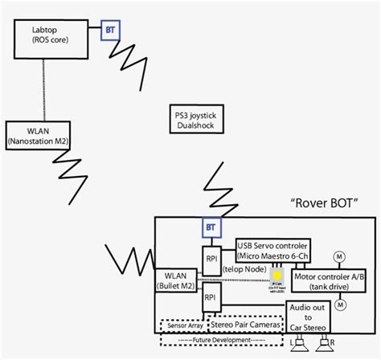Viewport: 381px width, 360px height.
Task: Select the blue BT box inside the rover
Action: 211,227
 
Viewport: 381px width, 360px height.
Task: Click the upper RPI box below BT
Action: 211,259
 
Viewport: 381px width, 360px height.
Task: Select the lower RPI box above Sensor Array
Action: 211,296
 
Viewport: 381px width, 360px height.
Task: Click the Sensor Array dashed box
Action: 183,325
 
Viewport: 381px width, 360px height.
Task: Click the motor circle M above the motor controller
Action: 340,256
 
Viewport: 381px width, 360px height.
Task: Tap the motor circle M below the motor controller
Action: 340,305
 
